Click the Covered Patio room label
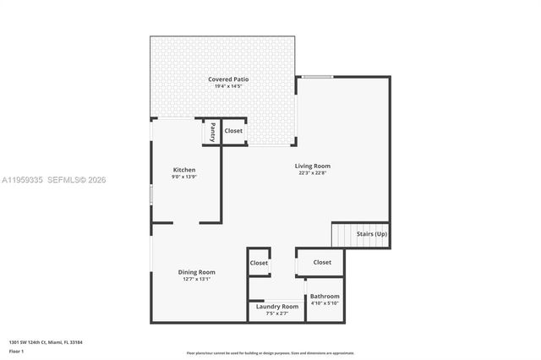[229, 79]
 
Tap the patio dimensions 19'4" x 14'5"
[229, 86]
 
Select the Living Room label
[312, 166]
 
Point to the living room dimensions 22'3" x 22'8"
[312, 174]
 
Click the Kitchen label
[184, 170]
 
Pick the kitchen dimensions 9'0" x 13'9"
[184, 177]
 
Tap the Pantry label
[212, 132]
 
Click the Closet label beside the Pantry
[233, 131]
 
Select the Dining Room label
[196, 272]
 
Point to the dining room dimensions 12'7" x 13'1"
[196, 279]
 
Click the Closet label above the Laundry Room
[259, 263]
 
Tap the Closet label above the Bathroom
[322, 262]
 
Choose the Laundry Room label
[277, 306]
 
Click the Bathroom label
[325, 297]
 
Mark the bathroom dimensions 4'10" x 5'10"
[325, 303]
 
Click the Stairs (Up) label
[372, 233]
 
